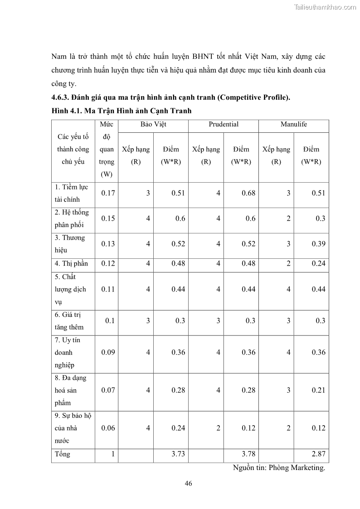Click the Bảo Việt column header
coord(153,124)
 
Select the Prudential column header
coord(224,124)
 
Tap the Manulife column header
coord(293,124)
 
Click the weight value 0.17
coord(108,193)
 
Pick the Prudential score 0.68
coord(248,193)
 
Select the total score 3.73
coord(178,454)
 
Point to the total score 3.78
coord(248,454)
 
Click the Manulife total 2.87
coord(318,454)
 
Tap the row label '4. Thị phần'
coord(71,264)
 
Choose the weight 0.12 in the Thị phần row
coord(108,264)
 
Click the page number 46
coord(189,483)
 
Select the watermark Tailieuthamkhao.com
coord(325,7)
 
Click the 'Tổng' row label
coord(63,454)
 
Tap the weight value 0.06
coord(108,428)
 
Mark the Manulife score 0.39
coord(318,244)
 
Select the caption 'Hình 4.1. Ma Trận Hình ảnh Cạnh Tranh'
coord(121,111)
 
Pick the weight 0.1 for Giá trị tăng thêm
coord(110,321)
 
